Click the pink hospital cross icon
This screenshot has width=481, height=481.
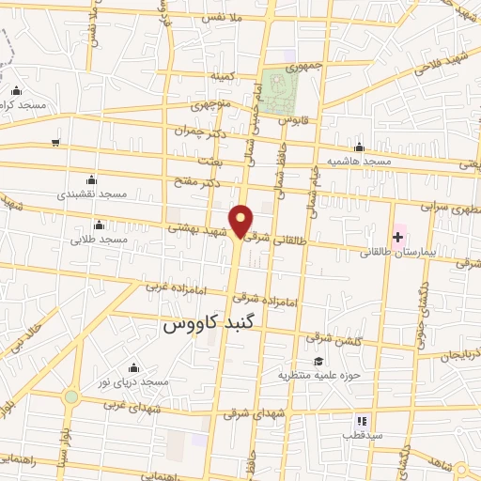[x=397, y=235]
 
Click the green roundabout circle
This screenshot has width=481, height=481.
[x=71, y=397]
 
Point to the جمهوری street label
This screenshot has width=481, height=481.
[x=287, y=68]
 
